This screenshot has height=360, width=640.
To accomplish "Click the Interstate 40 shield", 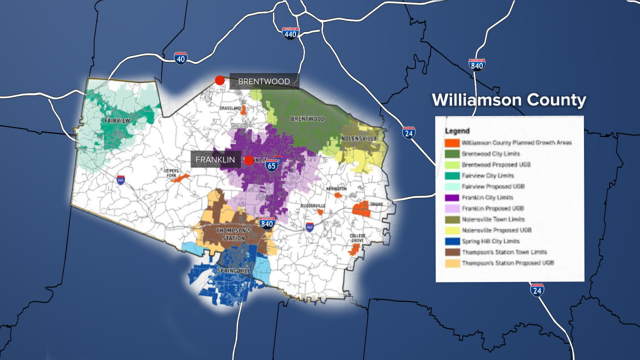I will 181,58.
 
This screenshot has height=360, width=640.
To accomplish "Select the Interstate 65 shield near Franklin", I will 271,165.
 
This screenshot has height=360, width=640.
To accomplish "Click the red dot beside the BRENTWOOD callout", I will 219,80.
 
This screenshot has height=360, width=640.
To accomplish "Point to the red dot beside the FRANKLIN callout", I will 249,160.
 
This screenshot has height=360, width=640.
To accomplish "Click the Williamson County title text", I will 508,100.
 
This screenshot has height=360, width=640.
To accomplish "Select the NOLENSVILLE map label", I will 359,138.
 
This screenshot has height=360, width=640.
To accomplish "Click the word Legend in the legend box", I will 457,131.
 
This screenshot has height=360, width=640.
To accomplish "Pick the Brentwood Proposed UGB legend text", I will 496,164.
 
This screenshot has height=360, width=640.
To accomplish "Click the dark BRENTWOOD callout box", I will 264,81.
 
